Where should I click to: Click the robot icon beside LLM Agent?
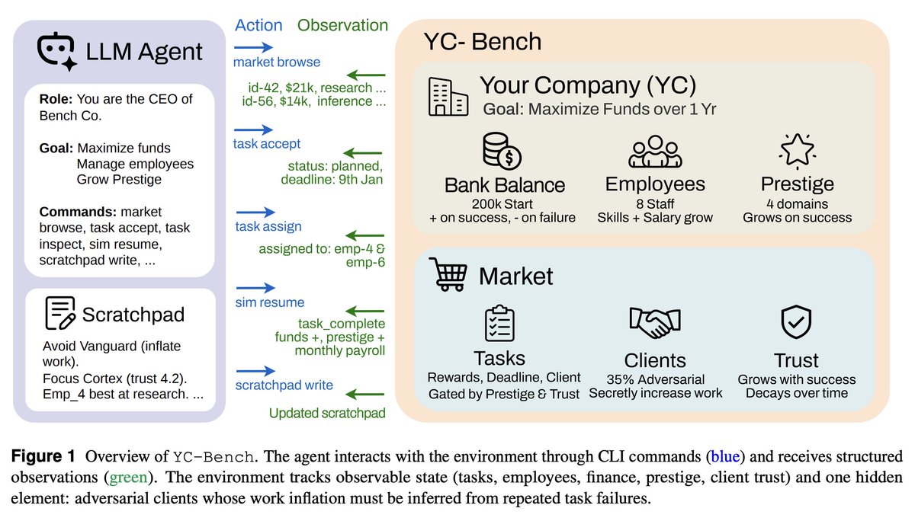click(x=58, y=53)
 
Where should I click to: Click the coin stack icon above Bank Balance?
click(x=502, y=151)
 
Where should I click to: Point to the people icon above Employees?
click(x=654, y=152)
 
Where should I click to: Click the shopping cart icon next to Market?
click(x=449, y=274)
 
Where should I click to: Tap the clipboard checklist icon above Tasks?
click(x=499, y=323)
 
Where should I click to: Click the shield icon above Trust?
click(x=796, y=323)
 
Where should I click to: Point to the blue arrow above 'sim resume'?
click(x=255, y=289)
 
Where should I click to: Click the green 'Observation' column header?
click(x=342, y=25)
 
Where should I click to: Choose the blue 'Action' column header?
click(x=258, y=25)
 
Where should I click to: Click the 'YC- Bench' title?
click(x=482, y=41)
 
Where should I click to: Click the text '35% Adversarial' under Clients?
click(x=655, y=379)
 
